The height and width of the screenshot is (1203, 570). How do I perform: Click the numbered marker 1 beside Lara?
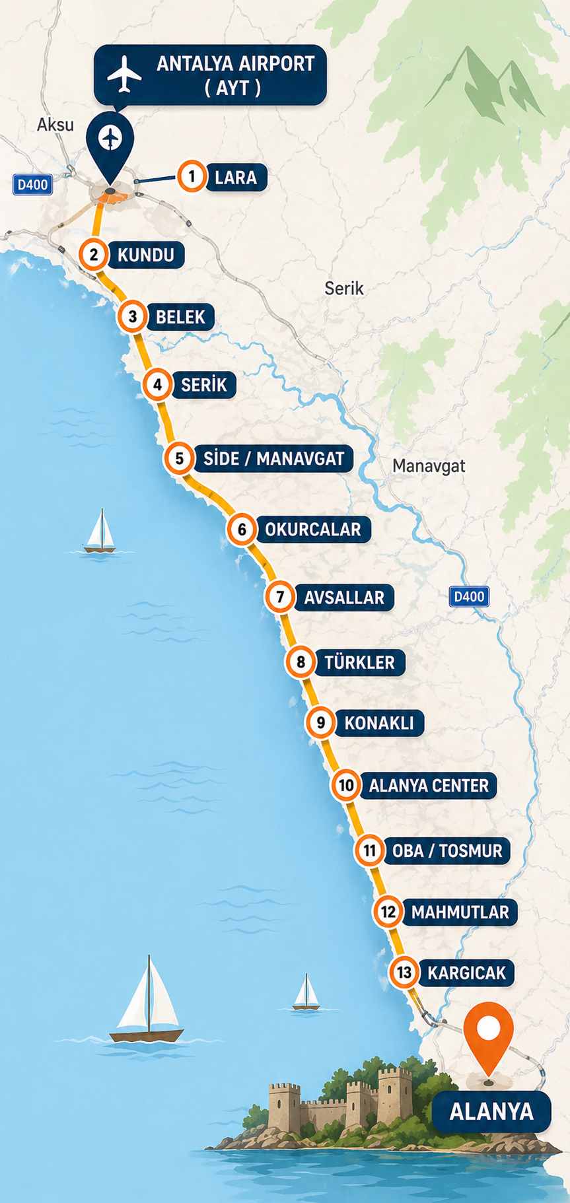(192, 177)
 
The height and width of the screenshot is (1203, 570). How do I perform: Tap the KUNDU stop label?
(146, 255)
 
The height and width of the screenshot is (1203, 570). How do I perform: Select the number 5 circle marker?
(179, 458)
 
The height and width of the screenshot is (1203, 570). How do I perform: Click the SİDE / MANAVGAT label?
(273, 458)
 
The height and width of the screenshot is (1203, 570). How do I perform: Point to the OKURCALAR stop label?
(313, 530)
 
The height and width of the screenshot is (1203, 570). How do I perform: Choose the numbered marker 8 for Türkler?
(301, 662)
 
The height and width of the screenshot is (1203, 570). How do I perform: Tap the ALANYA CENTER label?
(429, 786)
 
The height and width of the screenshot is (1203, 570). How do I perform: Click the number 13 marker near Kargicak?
(404, 972)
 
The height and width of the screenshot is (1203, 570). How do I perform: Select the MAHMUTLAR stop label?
(460, 912)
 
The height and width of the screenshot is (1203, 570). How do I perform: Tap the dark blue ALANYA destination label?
(491, 1112)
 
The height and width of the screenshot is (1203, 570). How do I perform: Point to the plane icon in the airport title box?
(124, 74)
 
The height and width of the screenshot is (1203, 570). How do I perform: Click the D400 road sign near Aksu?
(32, 184)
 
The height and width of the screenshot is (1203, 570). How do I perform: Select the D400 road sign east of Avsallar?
(469, 597)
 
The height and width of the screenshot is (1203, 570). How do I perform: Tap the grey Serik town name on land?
(344, 288)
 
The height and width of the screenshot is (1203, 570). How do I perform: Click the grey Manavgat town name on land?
(429, 465)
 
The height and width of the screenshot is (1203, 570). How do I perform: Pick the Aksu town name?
(55, 124)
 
